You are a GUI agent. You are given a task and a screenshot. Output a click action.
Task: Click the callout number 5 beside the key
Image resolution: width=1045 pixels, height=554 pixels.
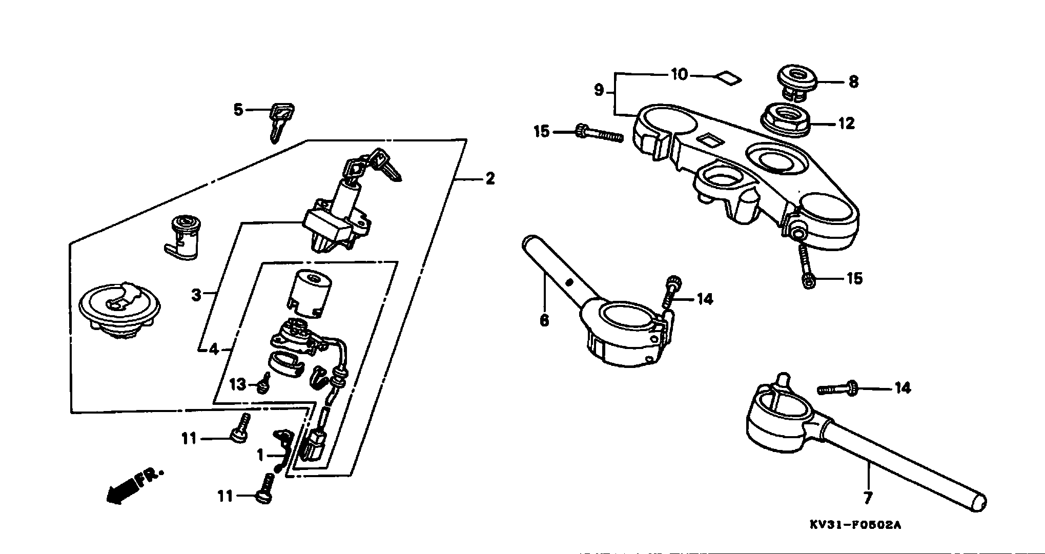(x=238, y=109)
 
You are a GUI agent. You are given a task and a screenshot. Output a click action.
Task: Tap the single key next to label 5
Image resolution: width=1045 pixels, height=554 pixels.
(x=280, y=122)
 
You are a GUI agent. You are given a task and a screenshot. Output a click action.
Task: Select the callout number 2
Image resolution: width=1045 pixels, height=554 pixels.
(x=490, y=179)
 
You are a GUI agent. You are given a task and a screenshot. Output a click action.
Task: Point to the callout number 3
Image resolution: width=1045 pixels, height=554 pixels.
(x=196, y=295)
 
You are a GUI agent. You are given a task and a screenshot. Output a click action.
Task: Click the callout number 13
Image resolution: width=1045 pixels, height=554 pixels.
(x=238, y=384)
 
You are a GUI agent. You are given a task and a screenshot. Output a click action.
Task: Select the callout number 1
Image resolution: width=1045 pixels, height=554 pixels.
(x=260, y=455)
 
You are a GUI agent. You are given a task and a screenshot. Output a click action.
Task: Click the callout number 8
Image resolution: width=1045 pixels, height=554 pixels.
(x=853, y=82)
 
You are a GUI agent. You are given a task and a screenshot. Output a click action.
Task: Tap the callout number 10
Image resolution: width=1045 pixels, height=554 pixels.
(x=680, y=75)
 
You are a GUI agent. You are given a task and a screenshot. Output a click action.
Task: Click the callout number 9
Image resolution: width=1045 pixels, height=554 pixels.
(x=599, y=91)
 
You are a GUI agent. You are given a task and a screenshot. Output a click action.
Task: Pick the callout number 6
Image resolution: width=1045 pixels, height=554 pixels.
(x=544, y=320)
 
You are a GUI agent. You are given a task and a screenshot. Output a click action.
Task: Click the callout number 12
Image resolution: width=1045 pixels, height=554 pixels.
(x=846, y=124)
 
